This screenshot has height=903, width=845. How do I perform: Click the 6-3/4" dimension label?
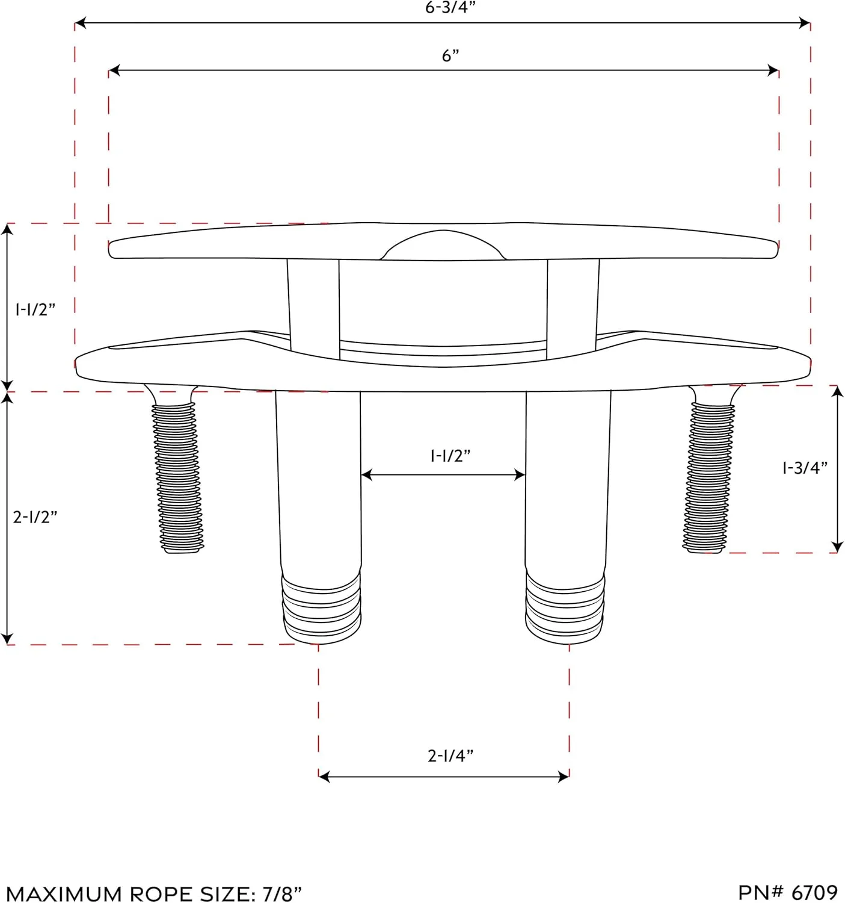450,7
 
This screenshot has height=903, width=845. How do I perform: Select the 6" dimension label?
450,55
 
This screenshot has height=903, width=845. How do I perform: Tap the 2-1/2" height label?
35,517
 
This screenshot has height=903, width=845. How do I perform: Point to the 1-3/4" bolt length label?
805,467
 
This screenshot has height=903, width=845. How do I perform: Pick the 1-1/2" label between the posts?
450,456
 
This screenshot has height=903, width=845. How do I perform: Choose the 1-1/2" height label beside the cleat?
35,309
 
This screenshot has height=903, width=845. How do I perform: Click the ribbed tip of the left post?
321,609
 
